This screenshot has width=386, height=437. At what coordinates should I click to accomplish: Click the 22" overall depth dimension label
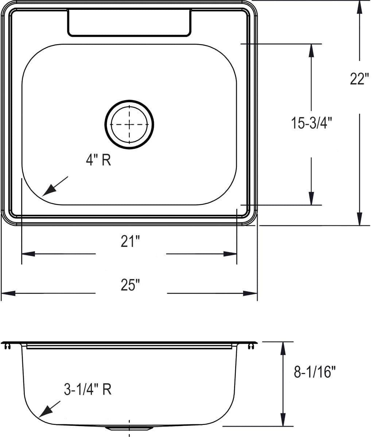click(359, 79)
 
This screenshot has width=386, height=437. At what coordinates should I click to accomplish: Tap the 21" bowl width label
click(130, 241)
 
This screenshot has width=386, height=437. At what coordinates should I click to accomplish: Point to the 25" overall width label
click(130, 285)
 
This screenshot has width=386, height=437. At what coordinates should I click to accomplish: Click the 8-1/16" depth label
click(315, 372)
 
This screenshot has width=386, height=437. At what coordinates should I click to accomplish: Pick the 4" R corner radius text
click(98, 160)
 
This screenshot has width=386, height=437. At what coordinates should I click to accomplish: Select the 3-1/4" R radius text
click(87, 390)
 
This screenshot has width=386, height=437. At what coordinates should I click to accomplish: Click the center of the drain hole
click(129, 125)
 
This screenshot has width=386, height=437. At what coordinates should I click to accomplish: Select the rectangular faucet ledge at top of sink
click(129, 23)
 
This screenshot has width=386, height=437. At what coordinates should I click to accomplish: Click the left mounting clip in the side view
click(7, 346)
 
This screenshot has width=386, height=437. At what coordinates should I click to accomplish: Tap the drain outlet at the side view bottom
click(130, 428)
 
